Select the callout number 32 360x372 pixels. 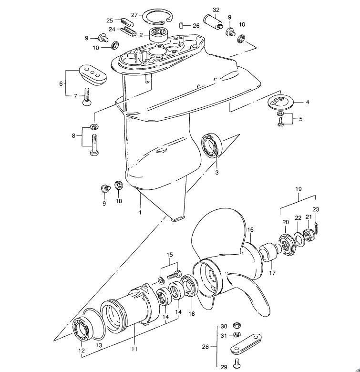click(216, 10)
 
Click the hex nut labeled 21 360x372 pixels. click(309, 235)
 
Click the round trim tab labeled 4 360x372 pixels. click(281, 102)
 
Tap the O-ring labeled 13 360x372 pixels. click(94, 324)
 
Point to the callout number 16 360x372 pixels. click(250, 230)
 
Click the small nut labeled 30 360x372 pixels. click(237, 325)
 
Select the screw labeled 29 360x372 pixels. click(237, 363)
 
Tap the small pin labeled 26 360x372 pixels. click(181, 25)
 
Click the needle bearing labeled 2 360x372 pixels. click(159, 35)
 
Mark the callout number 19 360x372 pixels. click(298, 189)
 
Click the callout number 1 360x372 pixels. click(140, 212)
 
